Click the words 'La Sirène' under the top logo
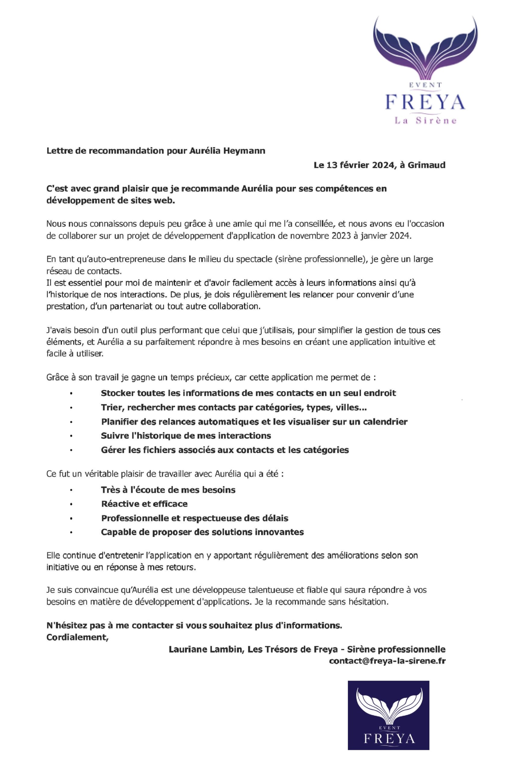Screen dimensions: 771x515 (425, 121)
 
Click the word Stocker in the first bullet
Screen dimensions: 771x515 (117, 393)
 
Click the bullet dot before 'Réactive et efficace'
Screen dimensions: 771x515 (71, 504)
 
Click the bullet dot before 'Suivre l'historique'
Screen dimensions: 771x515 (71, 436)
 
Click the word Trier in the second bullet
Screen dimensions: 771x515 (111, 407)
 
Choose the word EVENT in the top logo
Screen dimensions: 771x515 (425, 84)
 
